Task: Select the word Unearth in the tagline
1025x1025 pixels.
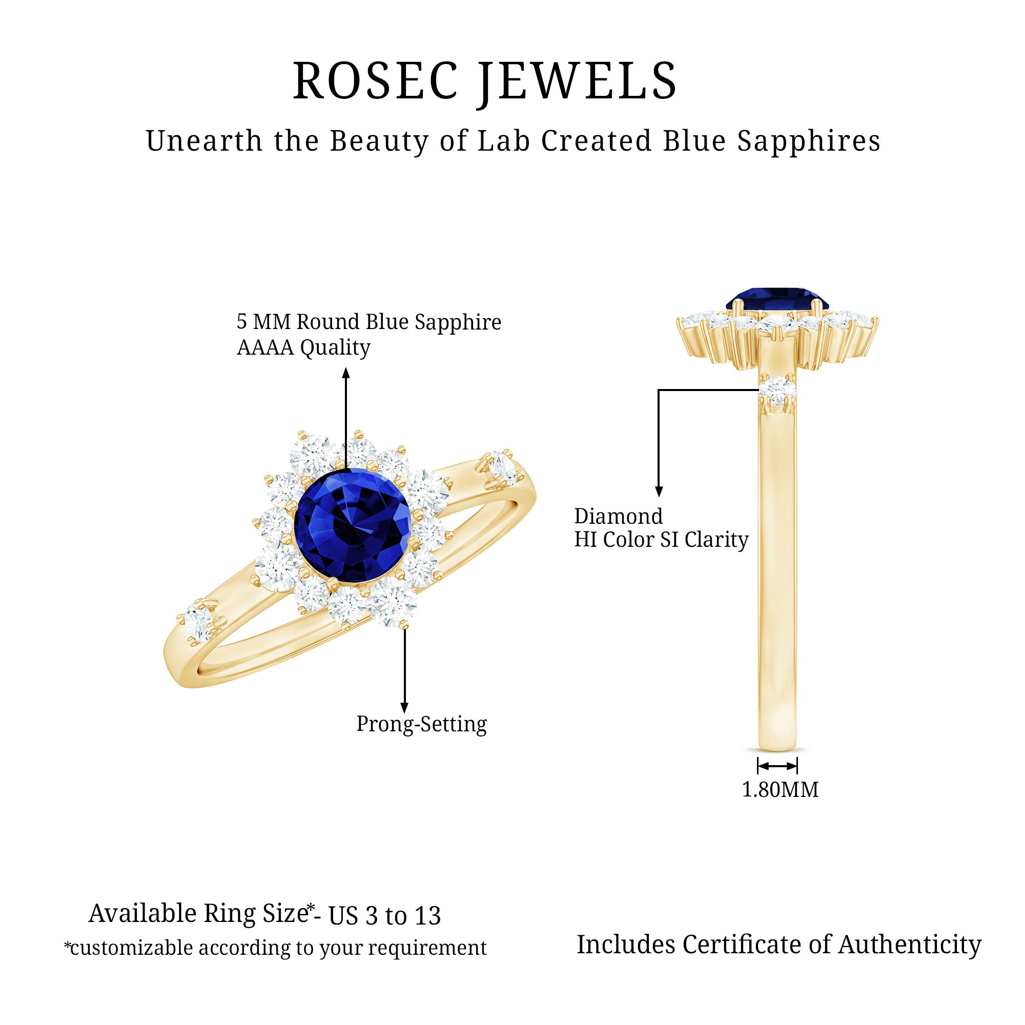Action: click(204, 141)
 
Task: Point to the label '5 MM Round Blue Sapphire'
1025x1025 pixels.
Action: click(368, 321)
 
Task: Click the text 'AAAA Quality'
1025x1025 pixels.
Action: click(303, 347)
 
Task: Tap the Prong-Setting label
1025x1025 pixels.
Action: click(421, 724)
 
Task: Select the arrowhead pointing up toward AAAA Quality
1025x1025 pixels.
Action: click(346, 373)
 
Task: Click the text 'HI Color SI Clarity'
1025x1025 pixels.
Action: click(661, 540)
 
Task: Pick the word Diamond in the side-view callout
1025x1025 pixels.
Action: click(619, 516)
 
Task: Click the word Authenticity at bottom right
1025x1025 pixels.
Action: click(910, 945)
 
